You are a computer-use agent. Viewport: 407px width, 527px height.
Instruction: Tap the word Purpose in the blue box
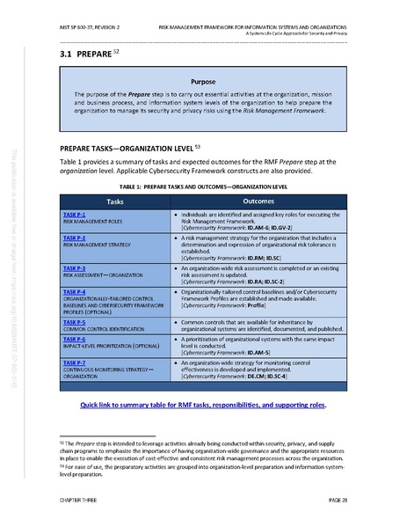(x=203, y=80)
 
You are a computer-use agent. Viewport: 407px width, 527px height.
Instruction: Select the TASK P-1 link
(x=74, y=214)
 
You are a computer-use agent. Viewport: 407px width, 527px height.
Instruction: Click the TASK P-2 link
(x=74, y=238)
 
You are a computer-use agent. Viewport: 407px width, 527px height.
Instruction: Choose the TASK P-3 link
(x=74, y=267)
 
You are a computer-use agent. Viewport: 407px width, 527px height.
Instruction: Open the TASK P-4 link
(x=74, y=289)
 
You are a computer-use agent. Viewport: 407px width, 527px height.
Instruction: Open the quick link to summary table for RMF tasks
(x=203, y=405)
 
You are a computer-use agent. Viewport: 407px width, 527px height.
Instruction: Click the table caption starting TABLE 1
(x=203, y=187)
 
